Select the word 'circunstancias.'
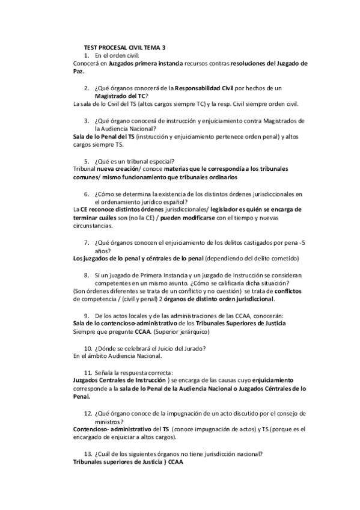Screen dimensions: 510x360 (x=92, y=226)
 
